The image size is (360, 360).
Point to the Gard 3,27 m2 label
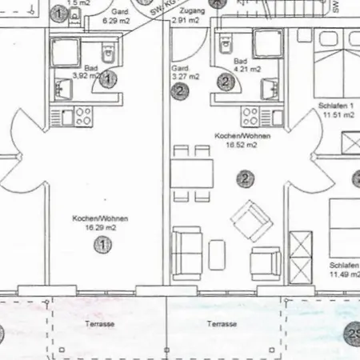[186, 74]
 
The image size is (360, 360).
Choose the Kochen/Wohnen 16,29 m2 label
[100, 223]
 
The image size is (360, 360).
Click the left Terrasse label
[100, 325]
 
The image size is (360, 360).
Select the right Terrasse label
[221, 325]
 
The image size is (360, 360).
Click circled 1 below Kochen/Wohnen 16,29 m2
[102, 245]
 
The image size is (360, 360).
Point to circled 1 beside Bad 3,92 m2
[110, 78]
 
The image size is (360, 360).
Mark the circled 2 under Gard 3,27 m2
[182, 91]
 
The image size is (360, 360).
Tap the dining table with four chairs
[192, 173]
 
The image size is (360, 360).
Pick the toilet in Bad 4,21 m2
[226, 42]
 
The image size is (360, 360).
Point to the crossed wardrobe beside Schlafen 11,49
[300, 254]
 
